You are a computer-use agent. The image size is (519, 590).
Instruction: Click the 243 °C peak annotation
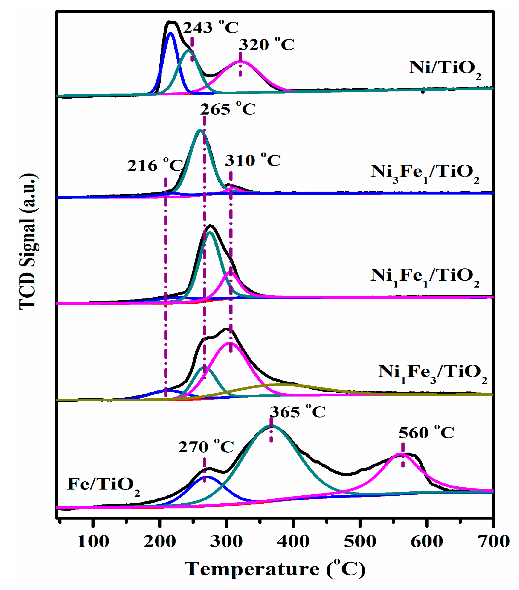pyautogui.click(x=210, y=28)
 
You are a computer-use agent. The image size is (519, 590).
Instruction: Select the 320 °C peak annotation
pyautogui.click(x=266, y=45)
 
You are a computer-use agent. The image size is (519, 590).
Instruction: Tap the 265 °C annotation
pyautogui.click(x=228, y=109)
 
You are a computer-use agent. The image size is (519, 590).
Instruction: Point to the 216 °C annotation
pyautogui.click(x=155, y=166)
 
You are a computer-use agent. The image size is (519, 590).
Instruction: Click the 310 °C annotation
pyautogui.click(x=252, y=161)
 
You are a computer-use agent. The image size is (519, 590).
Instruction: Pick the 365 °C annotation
pyautogui.click(x=297, y=412)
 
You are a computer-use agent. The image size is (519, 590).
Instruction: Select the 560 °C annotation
pyautogui.click(x=426, y=433)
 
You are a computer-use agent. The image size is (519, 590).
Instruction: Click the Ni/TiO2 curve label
pyautogui.click(x=445, y=69)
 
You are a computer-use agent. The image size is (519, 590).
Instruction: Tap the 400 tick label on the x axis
pyautogui.click(x=293, y=541)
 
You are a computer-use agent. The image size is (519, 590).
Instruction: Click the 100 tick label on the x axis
pyautogui.click(x=93, y=541)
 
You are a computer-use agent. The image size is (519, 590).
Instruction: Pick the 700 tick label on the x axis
pyautogui.click(x=493, y=541)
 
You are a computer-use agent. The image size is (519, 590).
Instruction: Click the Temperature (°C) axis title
pyautogui.click(x=275, y=569)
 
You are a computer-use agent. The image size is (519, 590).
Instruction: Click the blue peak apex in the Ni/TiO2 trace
pyautogui.click(x=170, y=33)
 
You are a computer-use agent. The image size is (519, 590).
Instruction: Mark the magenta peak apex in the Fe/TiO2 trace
pyautogui.click(x=401, y=454)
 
